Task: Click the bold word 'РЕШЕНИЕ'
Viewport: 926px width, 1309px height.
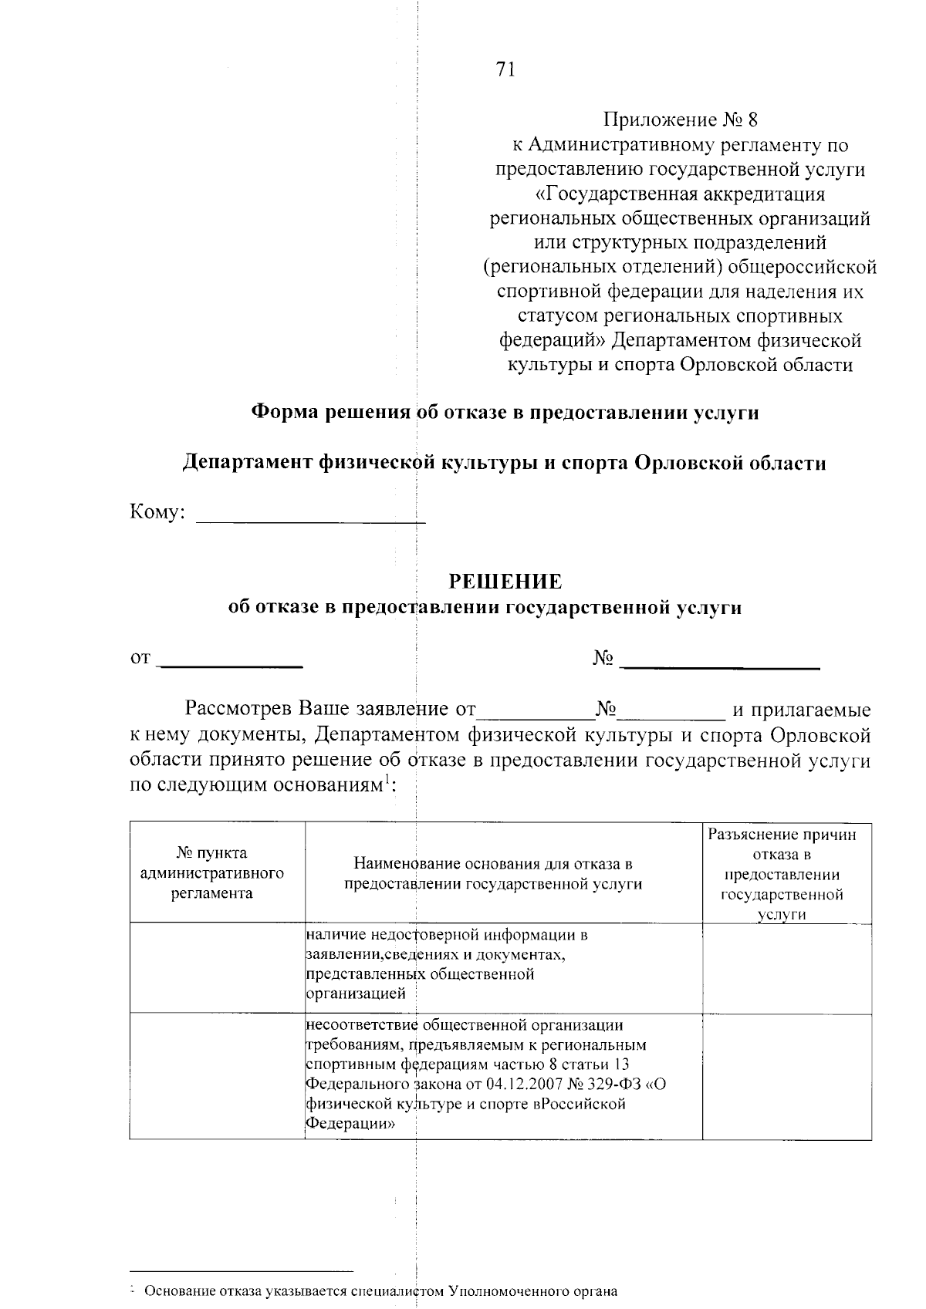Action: coord(505,580)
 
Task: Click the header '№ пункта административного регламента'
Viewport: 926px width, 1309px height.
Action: coord(212,872)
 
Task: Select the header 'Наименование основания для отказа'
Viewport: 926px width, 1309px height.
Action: coord(493,873)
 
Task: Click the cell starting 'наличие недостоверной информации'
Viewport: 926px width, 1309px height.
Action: coord(448,964)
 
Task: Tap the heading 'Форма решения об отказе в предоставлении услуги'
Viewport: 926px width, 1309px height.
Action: coord(505,413)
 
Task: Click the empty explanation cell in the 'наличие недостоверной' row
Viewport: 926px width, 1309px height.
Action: coord(786,967)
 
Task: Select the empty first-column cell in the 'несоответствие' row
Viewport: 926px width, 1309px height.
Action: coord(218,1076)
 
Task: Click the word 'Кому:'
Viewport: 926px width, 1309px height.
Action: coord(157,512)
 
